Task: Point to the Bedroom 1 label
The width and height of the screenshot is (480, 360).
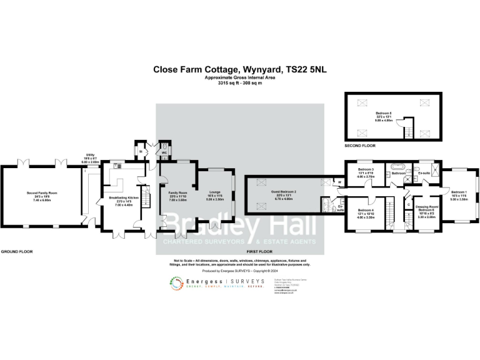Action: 459,192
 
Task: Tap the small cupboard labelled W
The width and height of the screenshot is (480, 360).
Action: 339,182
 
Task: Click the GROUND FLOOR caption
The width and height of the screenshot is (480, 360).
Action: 17,251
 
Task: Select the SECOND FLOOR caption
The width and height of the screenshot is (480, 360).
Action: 359,146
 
